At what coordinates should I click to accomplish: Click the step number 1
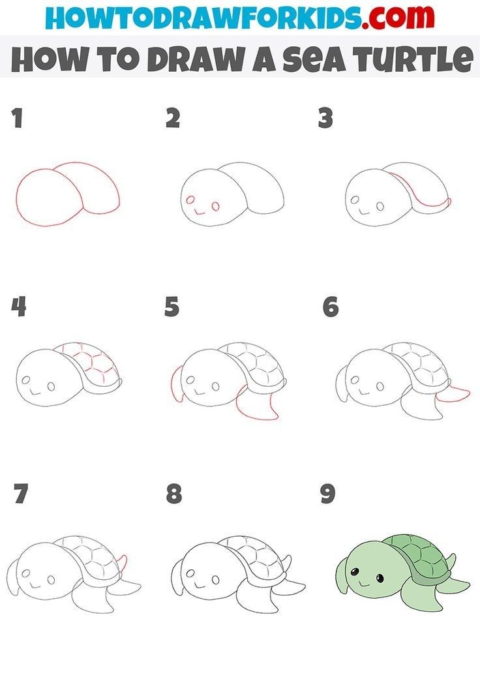tap(17, 119)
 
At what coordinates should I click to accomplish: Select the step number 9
tap(327, 494)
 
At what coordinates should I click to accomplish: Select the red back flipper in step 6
tap(454, 395)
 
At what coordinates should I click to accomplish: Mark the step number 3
tap(325, 119)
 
